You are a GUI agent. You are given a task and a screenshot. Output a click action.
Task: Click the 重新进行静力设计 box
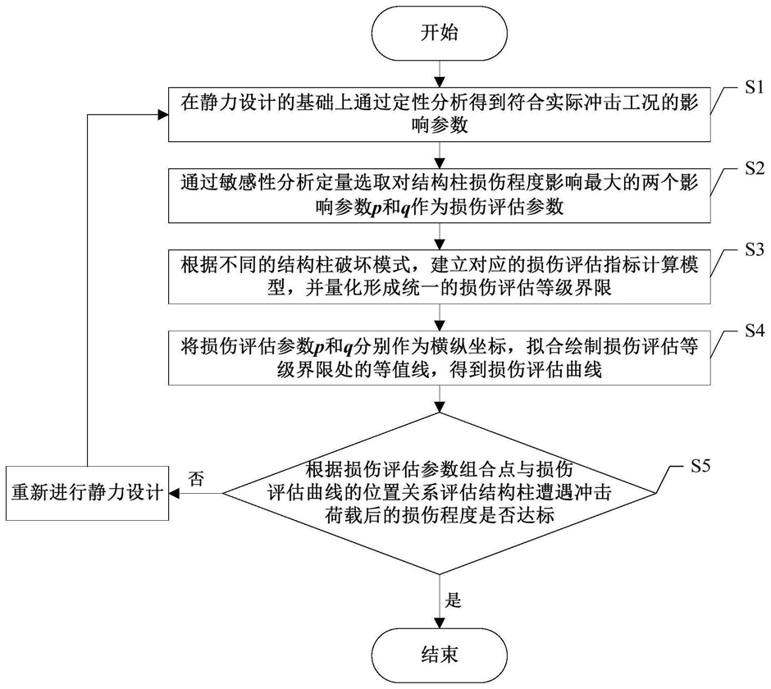[x=87, y=493]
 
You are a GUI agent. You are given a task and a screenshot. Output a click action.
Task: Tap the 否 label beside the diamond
[x=196, y=477]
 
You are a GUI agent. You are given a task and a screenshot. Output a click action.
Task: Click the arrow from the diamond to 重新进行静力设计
[x=195, y=493]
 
